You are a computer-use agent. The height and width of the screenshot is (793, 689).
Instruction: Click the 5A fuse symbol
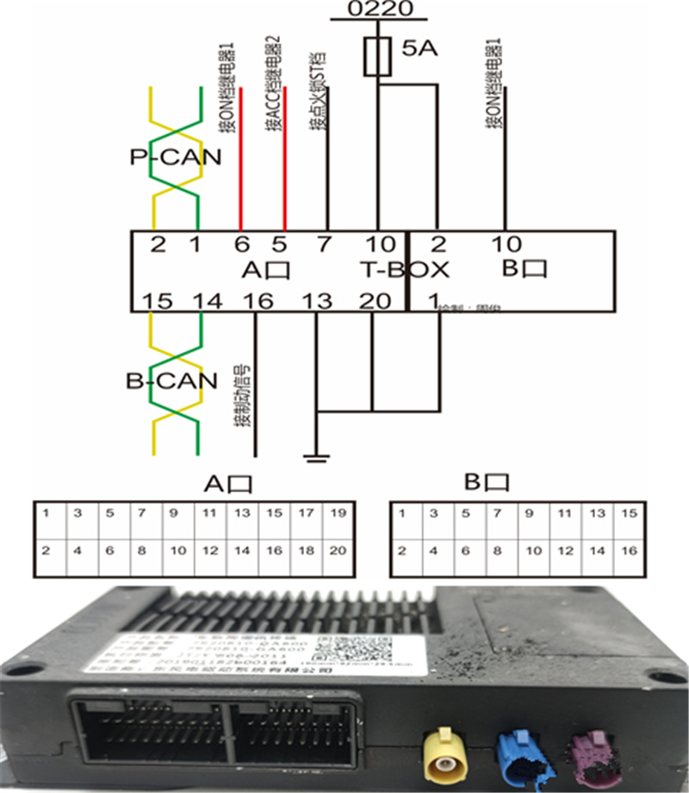pyautogui.click(x=376, y=57)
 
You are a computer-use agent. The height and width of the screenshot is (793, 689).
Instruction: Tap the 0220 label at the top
pyautogui.click(x=379, y=9)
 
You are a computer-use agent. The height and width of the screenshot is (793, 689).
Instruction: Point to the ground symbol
pyautogui.click(x=317, y=454)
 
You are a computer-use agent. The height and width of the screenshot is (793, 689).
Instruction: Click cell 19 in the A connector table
pyautogui.click(x=338, y=514)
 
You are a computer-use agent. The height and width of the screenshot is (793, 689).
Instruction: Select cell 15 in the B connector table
pyautogui.click(x=629, y=514)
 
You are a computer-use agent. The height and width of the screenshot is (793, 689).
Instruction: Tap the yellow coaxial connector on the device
pyautogui.click(x=444, y=752)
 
